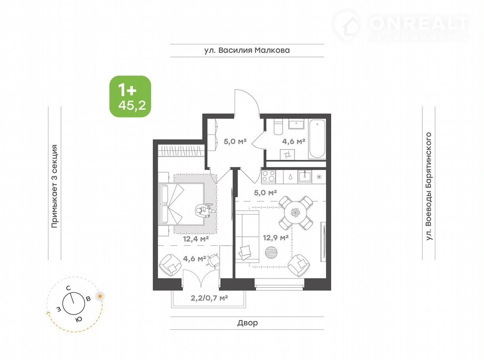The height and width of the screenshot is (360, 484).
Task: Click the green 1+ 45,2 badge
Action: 130,97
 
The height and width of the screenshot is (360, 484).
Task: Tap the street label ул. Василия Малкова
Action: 247,50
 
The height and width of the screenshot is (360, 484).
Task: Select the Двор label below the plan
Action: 247,323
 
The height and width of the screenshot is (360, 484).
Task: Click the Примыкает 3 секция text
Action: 55,186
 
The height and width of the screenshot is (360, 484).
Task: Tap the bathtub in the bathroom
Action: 317,138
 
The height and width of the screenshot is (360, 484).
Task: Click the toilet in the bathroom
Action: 278,127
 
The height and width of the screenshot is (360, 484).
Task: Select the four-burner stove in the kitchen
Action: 269,176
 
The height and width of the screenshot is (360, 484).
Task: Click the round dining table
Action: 296,212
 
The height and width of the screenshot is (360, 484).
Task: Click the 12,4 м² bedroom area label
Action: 196,239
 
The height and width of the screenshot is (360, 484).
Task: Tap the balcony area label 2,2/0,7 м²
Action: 209,298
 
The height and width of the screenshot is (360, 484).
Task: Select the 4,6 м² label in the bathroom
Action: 294,142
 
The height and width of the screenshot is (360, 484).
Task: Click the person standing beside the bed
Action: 205,210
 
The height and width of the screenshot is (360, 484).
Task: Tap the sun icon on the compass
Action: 100,296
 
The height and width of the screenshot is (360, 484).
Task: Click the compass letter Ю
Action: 79,320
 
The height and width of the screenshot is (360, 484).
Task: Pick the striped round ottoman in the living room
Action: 271,252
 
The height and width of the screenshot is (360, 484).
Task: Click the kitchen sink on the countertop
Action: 305,176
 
